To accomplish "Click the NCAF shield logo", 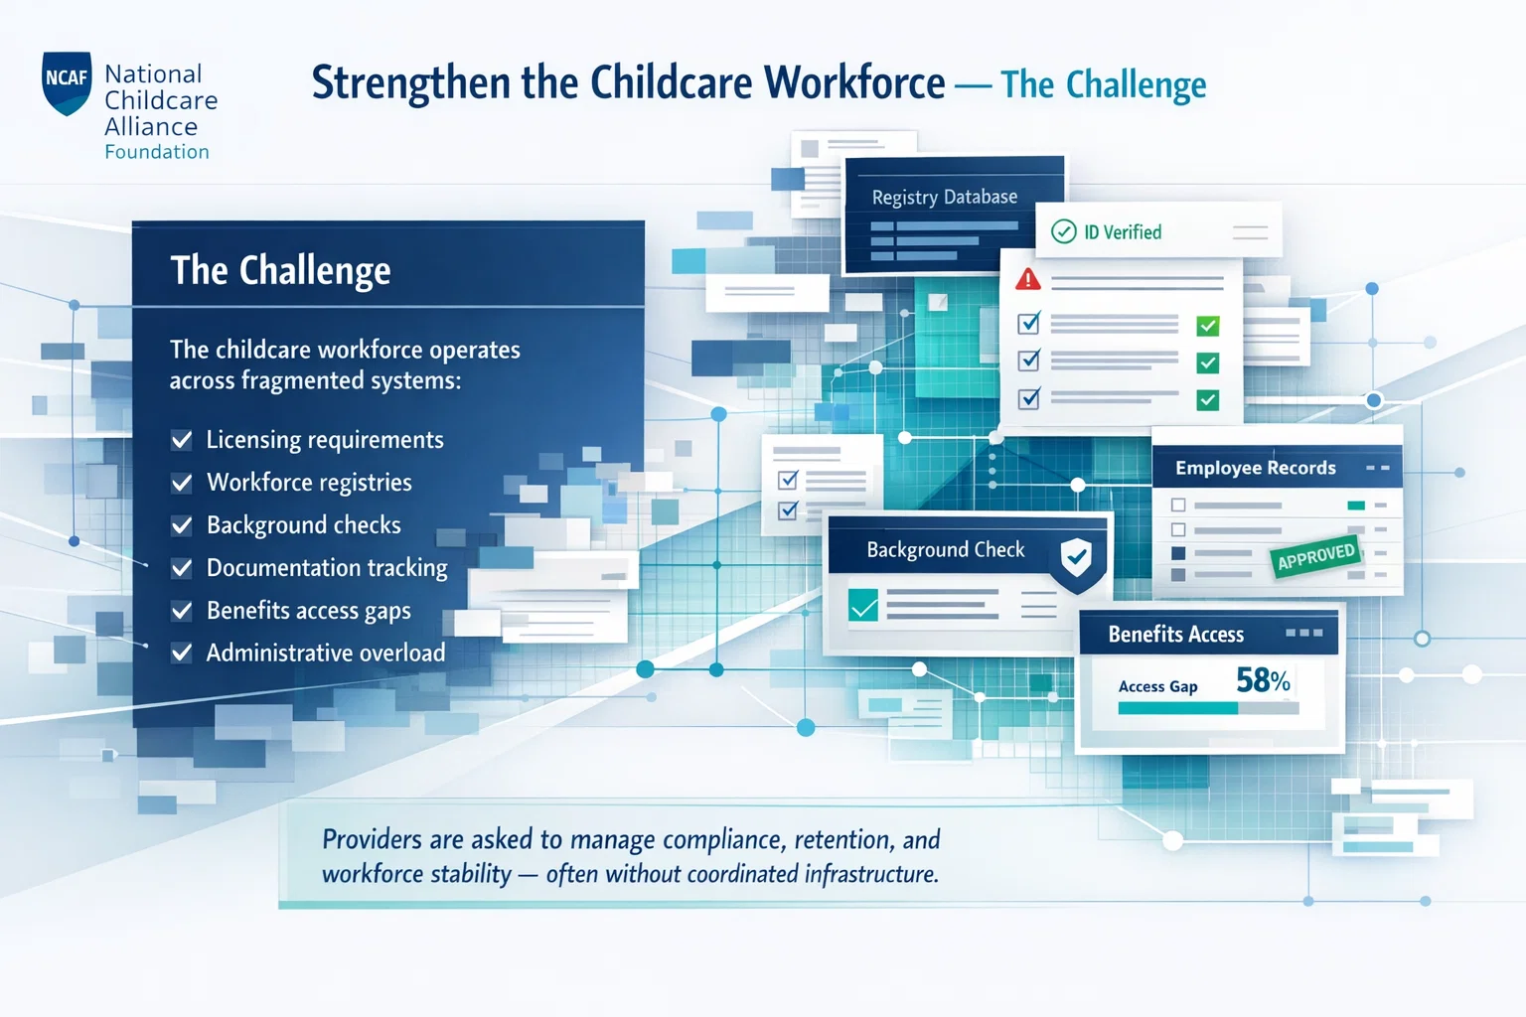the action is [x=67, y=83].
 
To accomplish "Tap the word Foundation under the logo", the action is [x=157, y=151].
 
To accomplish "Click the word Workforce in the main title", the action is [x=854, y=83].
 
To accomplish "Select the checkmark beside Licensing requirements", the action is [x=181, y=440].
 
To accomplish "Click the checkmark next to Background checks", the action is [x=181, y=525].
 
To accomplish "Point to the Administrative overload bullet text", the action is [x=326, y=653].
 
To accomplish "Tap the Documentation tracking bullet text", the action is [x=327, y=567].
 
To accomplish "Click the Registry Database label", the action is [x=944, y=197].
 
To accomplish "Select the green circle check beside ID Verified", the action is [x=1063, y=231].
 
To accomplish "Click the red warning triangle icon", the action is [x=1028, y=279].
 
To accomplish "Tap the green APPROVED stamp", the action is [x=1315, y=556].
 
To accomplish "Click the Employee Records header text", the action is [x=1256, y=468].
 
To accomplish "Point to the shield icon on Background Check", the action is [x=1076, y=558].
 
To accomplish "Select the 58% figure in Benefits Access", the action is [x=1263, y=680].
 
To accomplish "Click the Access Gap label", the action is [x=1157, y=686].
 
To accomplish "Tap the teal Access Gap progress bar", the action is [x=1178, y=708].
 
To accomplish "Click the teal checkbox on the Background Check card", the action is [x=863, y=605].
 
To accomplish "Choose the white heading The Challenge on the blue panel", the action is [x=281, y=270].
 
